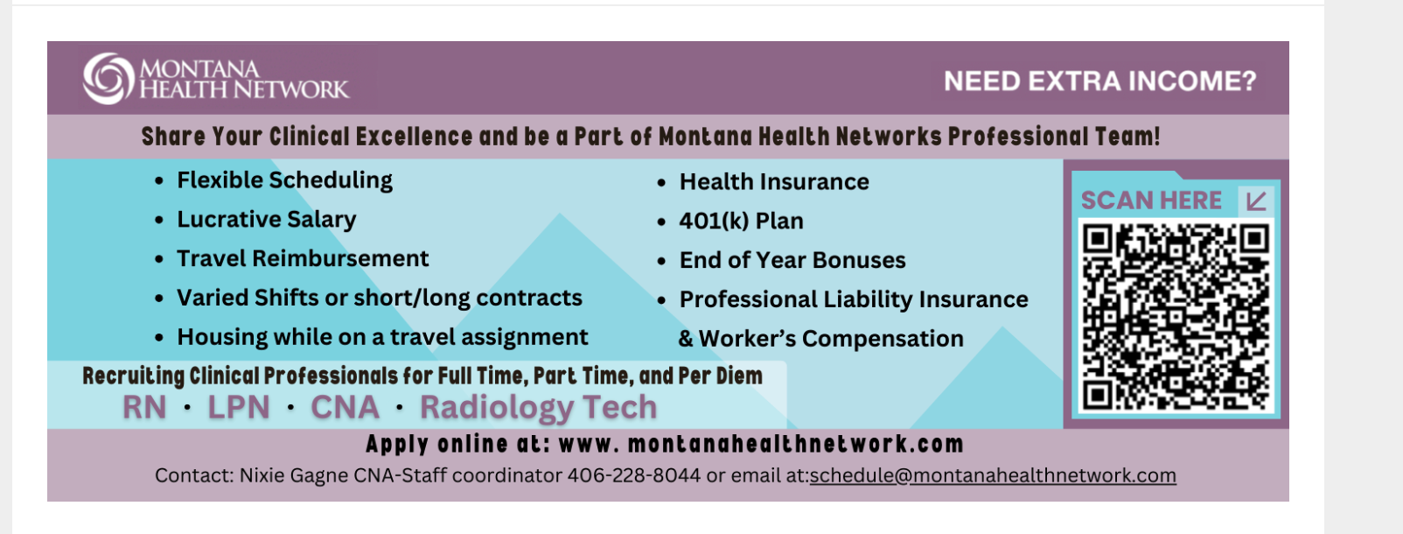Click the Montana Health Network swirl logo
(x=108, y=78)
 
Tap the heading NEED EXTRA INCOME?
(x=1099, y=81)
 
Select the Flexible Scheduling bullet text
(x=284, y=180)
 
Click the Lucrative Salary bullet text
(x=266, y=220)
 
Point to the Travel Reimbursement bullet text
(x=303, y=258)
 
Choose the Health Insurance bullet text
(x=774, y=182)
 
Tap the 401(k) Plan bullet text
(x=741, y=221)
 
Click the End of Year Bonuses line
(x=792, y=260)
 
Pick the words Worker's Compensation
(x=831, y=339)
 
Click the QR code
(x=1176, y=317)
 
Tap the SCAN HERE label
(x=1151, y=200)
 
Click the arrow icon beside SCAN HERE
(x=1256, y=201)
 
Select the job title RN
(x=144, y=407)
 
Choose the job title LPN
(x=239, y=407)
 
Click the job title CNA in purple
(x=346, y=407)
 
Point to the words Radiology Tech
(x=538, y=408)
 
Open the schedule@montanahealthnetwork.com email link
(x=993, y=475)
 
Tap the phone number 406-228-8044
(x=634, y=475)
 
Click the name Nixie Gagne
(x=294, y=475)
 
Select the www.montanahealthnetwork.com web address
(x=761, y=444)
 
